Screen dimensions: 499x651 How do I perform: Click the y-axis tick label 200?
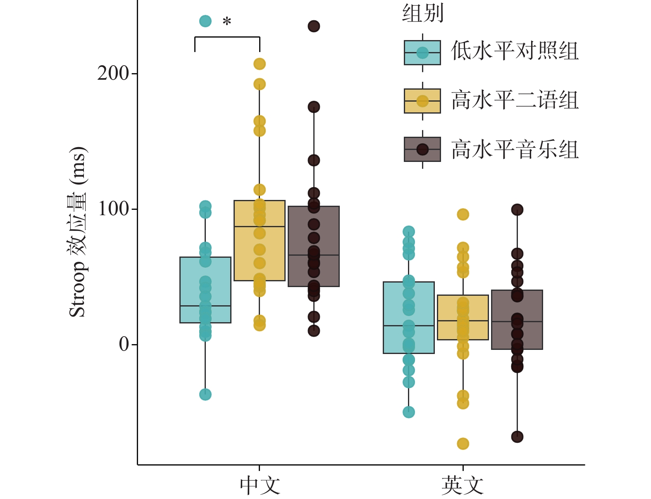point(113,74)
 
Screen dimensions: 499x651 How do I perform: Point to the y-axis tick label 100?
point(113,209)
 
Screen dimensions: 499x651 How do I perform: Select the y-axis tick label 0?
point(124,345)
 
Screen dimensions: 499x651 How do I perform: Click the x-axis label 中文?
point(260,485)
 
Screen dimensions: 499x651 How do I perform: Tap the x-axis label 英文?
point(463,485)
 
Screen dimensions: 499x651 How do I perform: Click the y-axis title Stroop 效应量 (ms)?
point(78,232)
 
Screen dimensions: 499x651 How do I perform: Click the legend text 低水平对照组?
point(515,51)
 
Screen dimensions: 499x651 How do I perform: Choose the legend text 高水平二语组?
point(515,100)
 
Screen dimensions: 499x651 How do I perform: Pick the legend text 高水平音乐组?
point(515,149)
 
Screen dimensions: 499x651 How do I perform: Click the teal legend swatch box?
point(422,52)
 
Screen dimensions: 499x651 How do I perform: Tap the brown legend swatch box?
point(422,149)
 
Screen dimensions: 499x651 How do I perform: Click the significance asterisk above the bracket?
point(227,21)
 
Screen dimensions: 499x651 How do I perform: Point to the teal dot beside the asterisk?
point(205,21)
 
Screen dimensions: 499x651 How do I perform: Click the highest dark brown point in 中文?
point(314,26)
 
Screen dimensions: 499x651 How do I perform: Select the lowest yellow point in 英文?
point(463,444)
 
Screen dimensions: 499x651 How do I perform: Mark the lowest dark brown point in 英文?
point(517,437)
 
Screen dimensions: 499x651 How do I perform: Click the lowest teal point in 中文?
point(205,394)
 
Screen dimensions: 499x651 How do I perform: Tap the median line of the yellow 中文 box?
point(260,226)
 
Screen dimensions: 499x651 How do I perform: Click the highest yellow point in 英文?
point(463,214)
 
